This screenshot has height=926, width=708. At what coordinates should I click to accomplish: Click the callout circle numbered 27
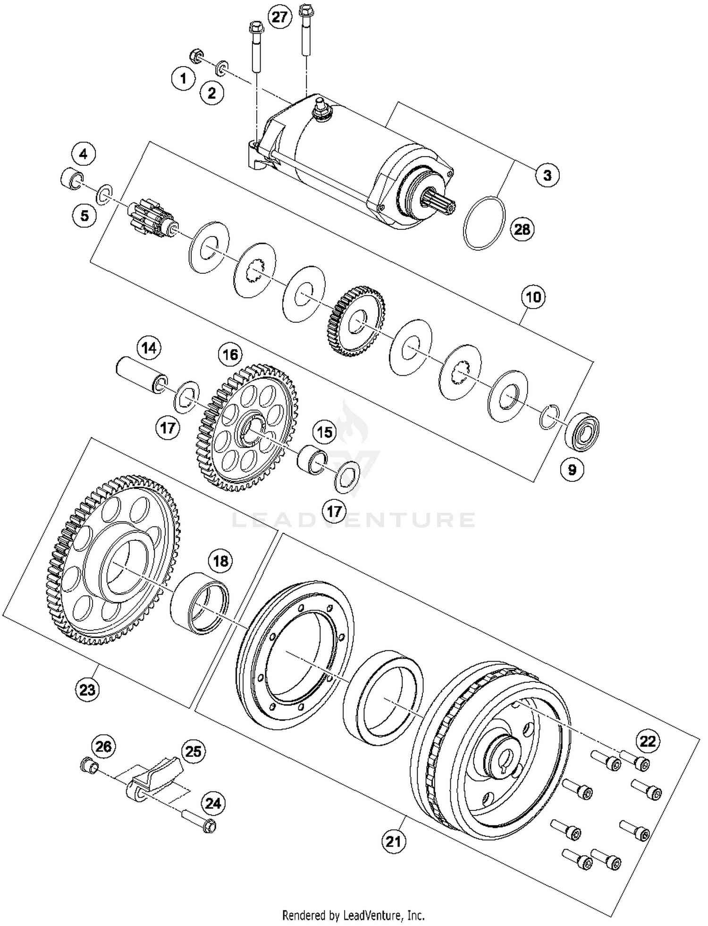coord(279,17)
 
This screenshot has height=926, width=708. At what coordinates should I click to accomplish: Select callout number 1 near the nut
coord(183,78)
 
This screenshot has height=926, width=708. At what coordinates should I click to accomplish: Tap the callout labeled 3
coord(547,176)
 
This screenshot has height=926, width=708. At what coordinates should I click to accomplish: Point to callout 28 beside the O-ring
coord(522,229)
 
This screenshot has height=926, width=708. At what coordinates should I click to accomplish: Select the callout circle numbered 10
coord(533,297)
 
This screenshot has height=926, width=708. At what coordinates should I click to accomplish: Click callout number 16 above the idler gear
coord(230,354)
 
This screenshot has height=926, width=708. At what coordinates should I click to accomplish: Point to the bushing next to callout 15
coord(312,457)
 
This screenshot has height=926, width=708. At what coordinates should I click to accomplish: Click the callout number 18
coord(220,561)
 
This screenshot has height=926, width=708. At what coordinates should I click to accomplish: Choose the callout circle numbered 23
coord(87,690)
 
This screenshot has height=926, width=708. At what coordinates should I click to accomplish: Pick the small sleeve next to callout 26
coord(88,764)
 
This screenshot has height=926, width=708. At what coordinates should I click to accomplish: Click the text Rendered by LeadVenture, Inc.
coord(353,916)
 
